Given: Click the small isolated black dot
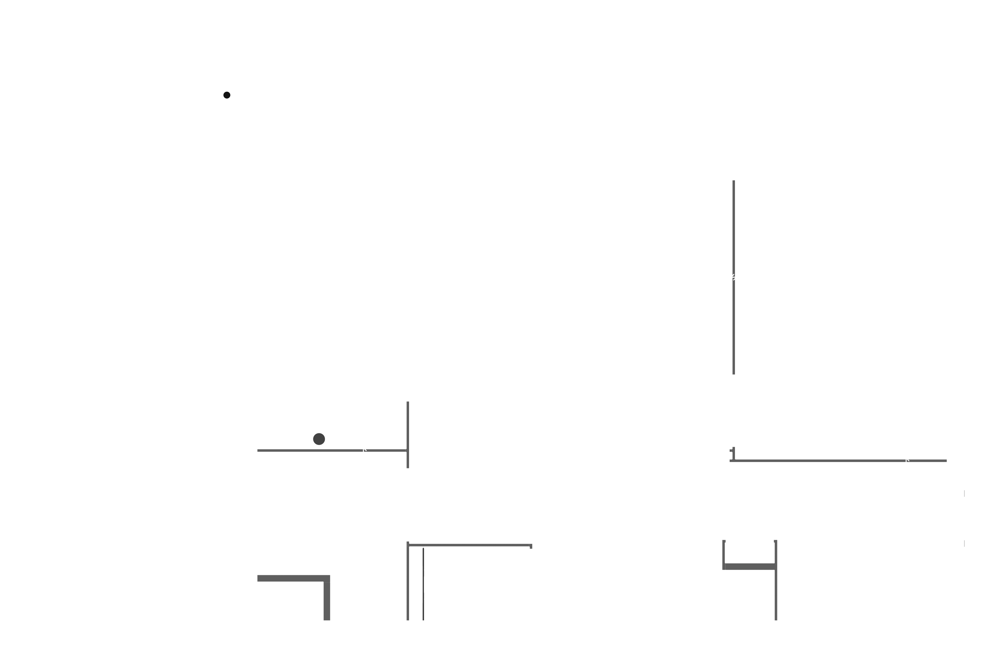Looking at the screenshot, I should click(x=227, y=95).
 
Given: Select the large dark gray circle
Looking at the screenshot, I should click(x=319, y=439).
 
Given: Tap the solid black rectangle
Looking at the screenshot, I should click(x=67, y=603).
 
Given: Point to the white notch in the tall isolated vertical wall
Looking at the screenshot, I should click(x=733, y=277).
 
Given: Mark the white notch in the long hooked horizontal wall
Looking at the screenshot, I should click(x=907, y=461).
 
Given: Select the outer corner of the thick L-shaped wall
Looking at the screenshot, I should click(x=330, y=576).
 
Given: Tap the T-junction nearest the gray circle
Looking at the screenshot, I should click(x=408, y=450).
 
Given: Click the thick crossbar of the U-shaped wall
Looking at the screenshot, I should click(x=749, y=566).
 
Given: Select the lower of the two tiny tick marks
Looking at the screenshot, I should click(x=964, y=543).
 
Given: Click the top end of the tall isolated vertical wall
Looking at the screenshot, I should click(x=734, y=181).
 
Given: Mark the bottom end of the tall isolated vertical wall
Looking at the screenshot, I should click(x=734, y=374).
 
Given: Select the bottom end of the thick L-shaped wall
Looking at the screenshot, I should click(x=327, y=620).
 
